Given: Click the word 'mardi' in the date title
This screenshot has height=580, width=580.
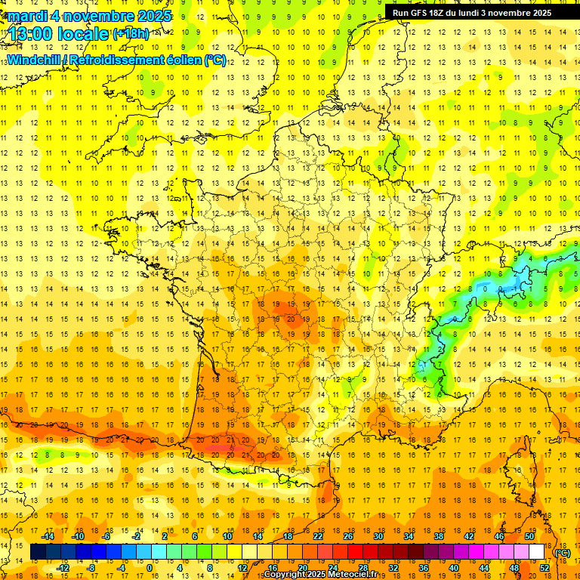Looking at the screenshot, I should click(26, 15).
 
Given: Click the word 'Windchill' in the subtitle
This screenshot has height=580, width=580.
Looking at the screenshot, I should click(33, 60).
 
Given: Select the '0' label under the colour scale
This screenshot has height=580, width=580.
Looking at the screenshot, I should click(149, 568).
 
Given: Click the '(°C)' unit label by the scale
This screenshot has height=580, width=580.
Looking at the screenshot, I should click(562, 552).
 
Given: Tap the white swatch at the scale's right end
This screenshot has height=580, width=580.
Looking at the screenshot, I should click(536, 552).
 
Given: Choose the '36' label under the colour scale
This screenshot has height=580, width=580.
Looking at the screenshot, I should click(424, 568).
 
